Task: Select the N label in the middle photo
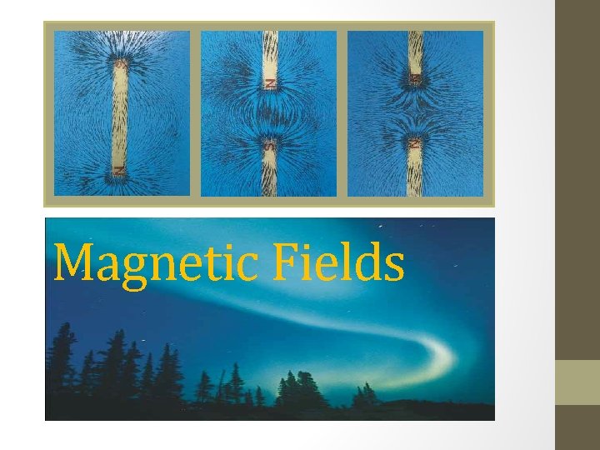point(268,82)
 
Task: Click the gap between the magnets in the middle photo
point(268,115)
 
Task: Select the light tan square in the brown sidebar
point(577,382)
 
